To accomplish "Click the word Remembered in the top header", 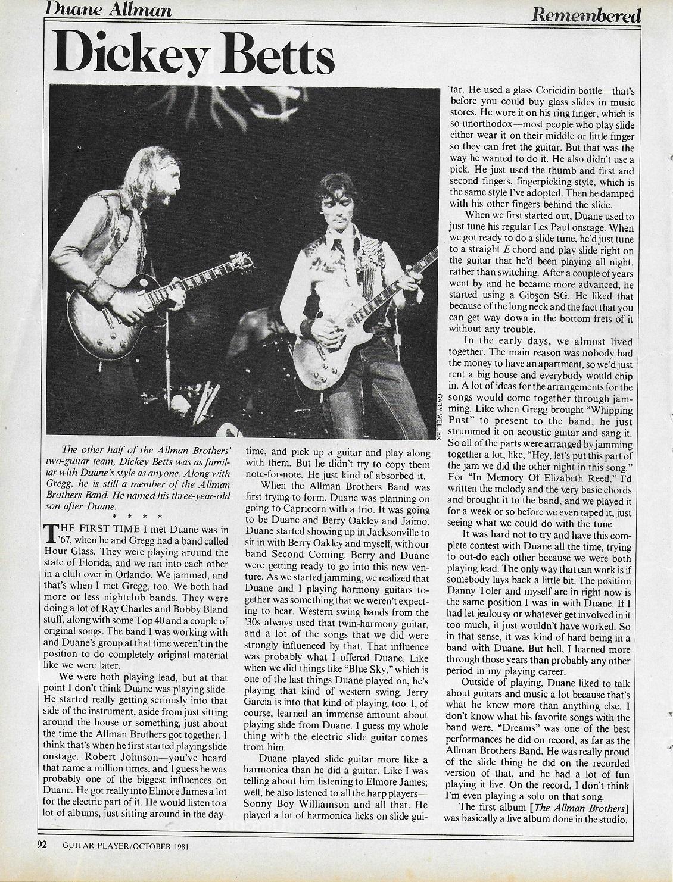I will (586, 14).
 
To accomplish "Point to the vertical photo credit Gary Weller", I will (439, 417).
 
